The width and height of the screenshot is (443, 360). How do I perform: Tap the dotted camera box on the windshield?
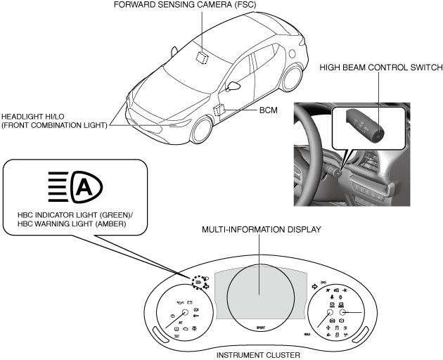coord(203,57)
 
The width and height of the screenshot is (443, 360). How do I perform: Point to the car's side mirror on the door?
coord(232,87)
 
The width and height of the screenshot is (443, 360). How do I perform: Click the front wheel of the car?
coord(203,131)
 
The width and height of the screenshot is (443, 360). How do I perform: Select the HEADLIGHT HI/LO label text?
coord(54,121)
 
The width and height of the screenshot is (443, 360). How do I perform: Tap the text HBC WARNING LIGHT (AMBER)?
coord(73,225)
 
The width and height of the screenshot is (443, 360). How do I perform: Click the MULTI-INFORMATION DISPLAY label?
coord(261,230)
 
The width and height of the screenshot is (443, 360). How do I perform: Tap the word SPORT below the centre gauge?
coord(260,328)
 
